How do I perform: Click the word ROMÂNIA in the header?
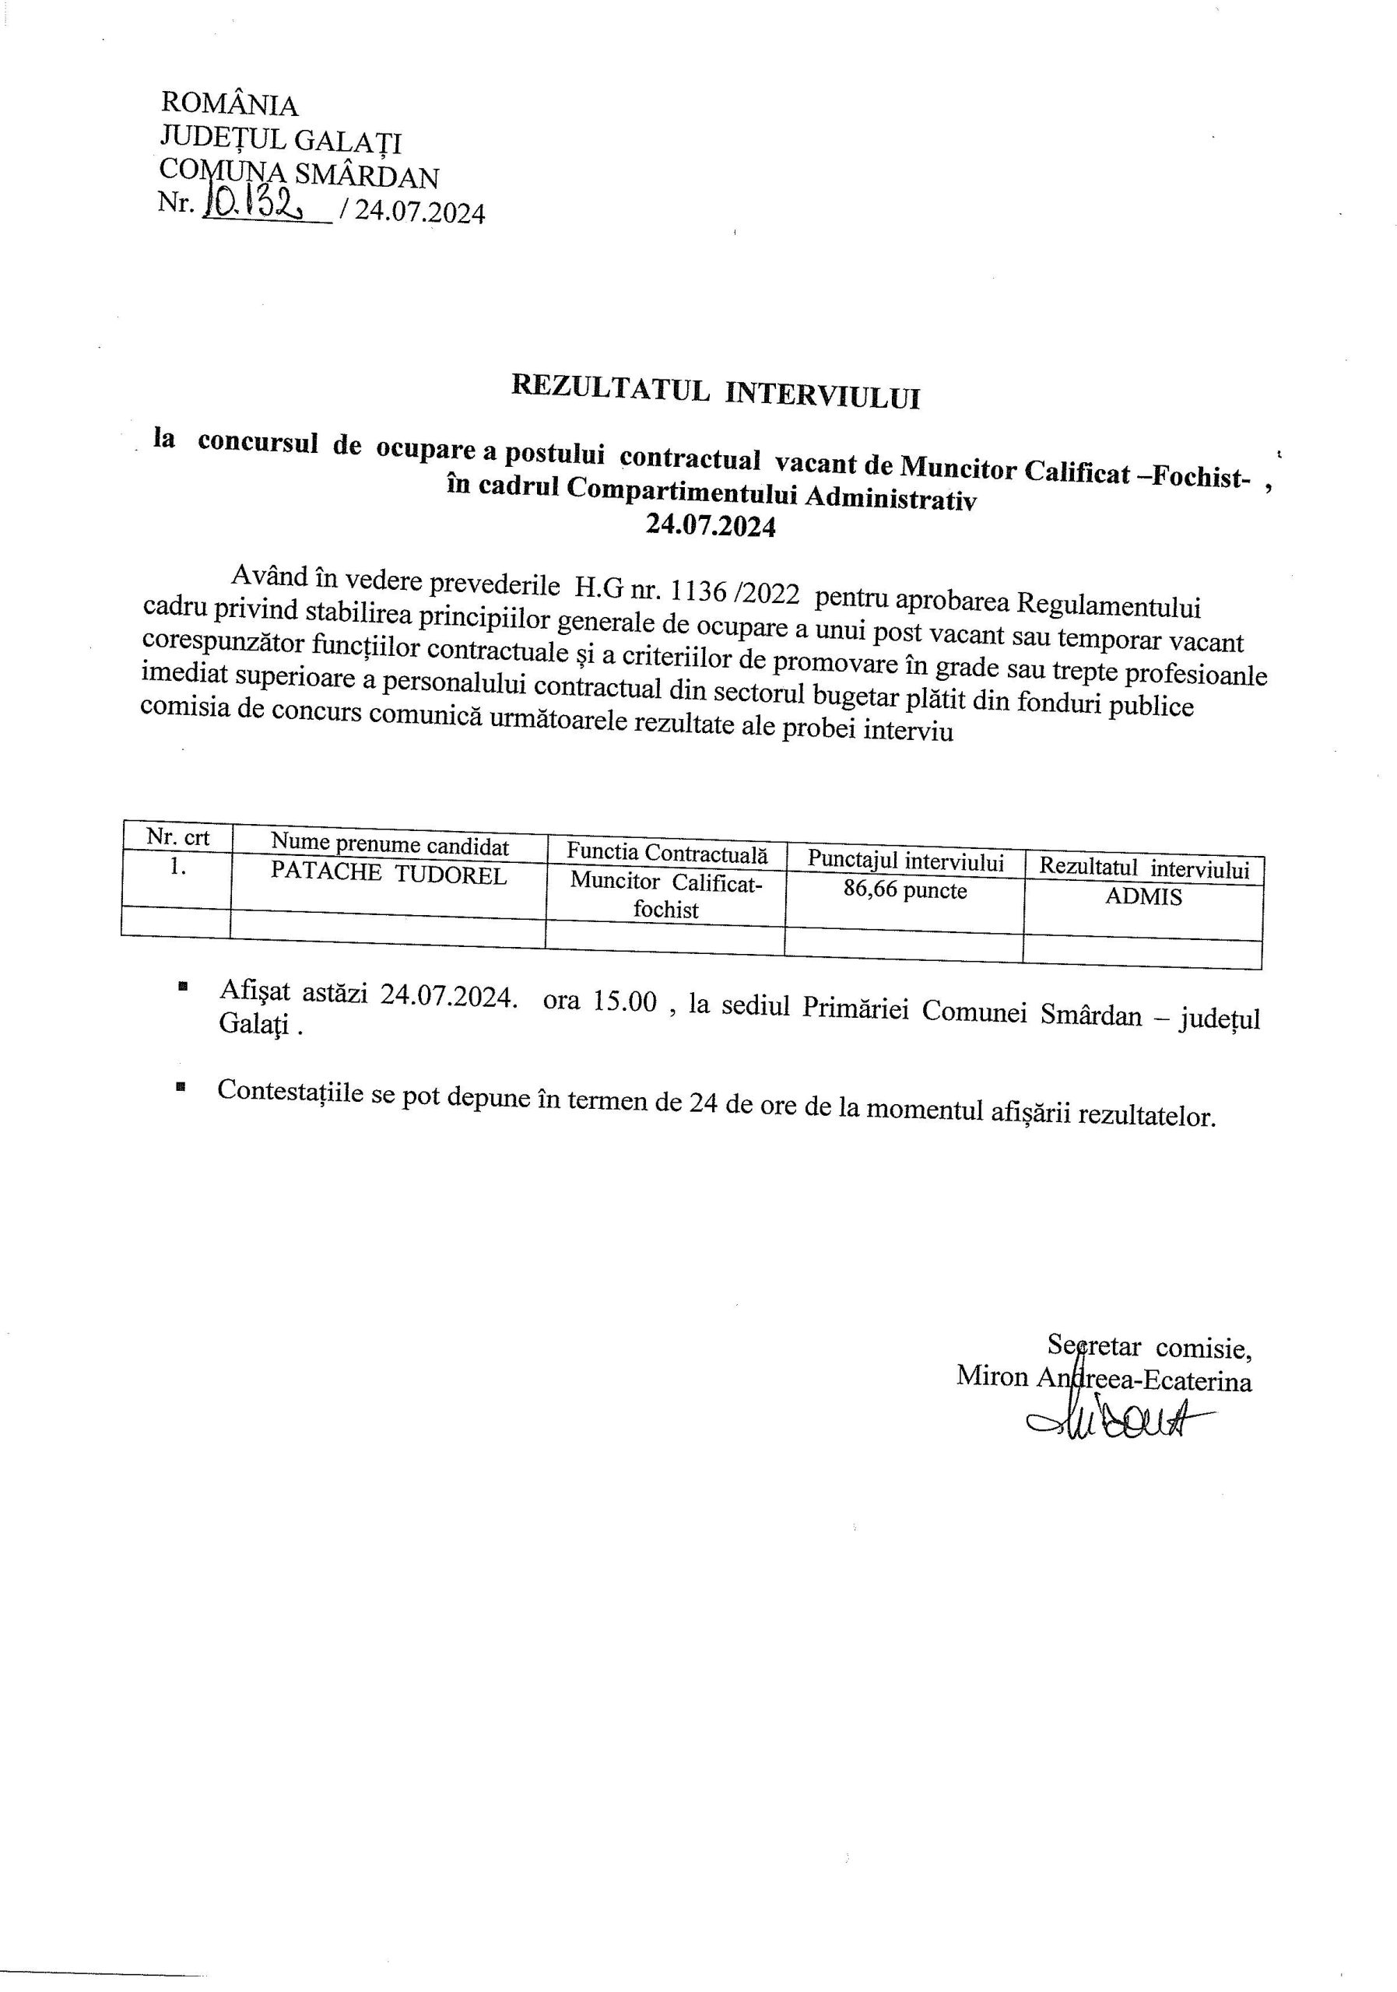coord(229,105)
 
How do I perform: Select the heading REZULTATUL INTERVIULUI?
coord(715,391)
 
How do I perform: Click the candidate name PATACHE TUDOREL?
coord(388,874)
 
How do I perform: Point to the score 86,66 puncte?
coord(904,891)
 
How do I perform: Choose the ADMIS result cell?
coord(1143,897)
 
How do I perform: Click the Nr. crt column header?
coord(178,837)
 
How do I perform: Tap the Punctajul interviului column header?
coord(905,861)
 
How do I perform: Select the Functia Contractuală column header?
coord(666,852)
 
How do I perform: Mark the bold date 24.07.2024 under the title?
coord(711,526)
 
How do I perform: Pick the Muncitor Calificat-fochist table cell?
coord(665,896)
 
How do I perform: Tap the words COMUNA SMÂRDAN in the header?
coord(300,174)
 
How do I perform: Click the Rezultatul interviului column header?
coord(1143,868)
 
